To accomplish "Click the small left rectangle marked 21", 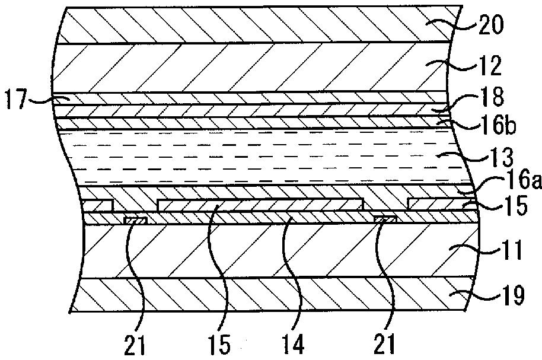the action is click(135, 221).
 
